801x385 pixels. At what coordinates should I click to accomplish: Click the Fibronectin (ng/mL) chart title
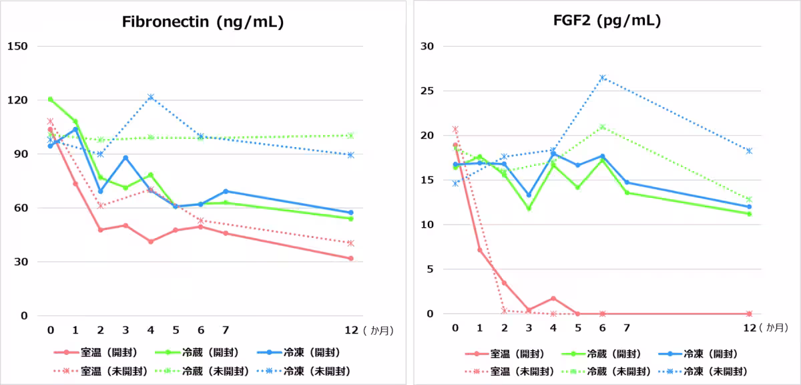203,21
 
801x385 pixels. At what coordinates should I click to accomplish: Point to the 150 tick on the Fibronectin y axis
17,46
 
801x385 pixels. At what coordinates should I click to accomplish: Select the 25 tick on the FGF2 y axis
427,91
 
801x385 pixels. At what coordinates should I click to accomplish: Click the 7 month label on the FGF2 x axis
627,328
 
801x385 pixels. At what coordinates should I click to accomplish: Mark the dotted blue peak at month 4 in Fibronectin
151,97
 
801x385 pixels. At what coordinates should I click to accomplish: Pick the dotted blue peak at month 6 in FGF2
603,78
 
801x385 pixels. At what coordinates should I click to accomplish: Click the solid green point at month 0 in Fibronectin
50,99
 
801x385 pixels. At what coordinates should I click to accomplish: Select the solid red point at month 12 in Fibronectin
350,258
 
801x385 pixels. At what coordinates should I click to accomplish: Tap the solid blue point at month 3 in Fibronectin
125,158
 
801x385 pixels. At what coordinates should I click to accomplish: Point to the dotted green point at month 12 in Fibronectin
350,136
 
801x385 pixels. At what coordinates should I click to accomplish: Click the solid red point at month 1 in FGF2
479,250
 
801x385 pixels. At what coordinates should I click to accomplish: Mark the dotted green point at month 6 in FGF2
603,126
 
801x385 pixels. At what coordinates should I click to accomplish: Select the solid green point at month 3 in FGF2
529,209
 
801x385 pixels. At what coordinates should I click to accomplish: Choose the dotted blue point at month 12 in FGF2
749,151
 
